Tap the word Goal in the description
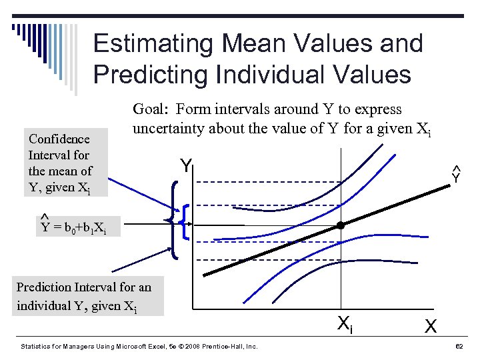click(151, 109)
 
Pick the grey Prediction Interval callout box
click(84, 297)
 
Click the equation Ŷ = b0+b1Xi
click(79, 229)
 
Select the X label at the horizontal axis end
click(431, 327)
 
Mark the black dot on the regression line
click(340, 226)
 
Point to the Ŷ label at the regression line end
click(456, 175)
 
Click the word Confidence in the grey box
click(59, 139)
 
